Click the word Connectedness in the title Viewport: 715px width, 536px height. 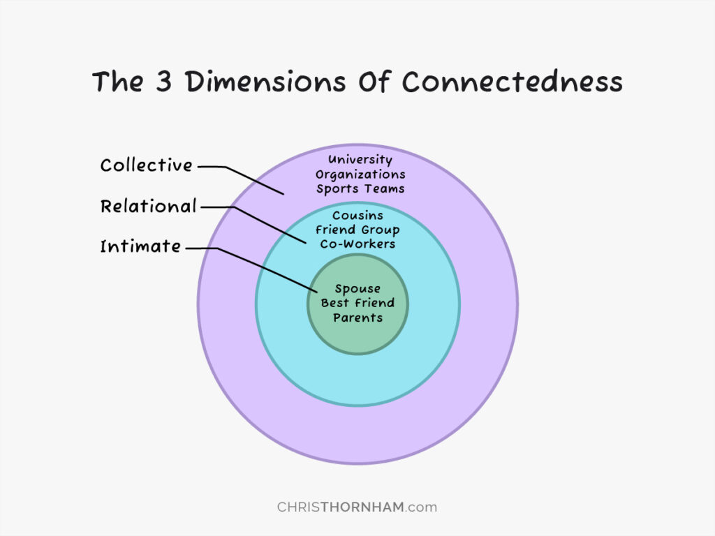tap(512, 82)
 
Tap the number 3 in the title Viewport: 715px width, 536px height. tap(163, 82)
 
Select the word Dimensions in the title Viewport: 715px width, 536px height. tap(263, 82)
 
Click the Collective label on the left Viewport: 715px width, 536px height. tap(147, 165)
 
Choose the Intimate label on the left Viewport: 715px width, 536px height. tap(140, 246)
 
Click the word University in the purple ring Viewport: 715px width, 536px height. tap(360, 160)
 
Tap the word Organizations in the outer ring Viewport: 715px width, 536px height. tap(360, 174)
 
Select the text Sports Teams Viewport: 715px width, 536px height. tap(360, 188)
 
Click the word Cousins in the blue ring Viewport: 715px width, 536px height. tap(357, 216)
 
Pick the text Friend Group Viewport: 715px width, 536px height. tap(357, 230)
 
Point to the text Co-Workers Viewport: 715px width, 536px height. tap(357, 244)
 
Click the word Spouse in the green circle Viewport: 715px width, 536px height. tap(357, 288)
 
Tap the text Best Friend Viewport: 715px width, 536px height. tap(357, 303)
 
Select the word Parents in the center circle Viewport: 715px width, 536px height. tap(357, 318)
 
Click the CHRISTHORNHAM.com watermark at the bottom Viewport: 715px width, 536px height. tap(357, 507)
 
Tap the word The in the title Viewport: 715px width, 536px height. tap(118, 82)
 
